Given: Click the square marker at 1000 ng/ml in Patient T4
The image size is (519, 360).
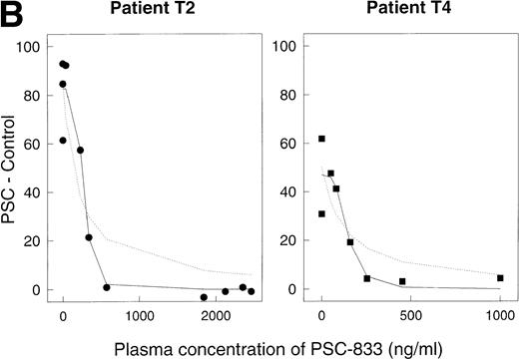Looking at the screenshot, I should point(500,278).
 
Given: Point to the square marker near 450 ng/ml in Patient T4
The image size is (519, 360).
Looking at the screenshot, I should point(402,281).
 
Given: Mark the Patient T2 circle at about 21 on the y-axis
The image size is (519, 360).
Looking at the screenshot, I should point(89,237).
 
